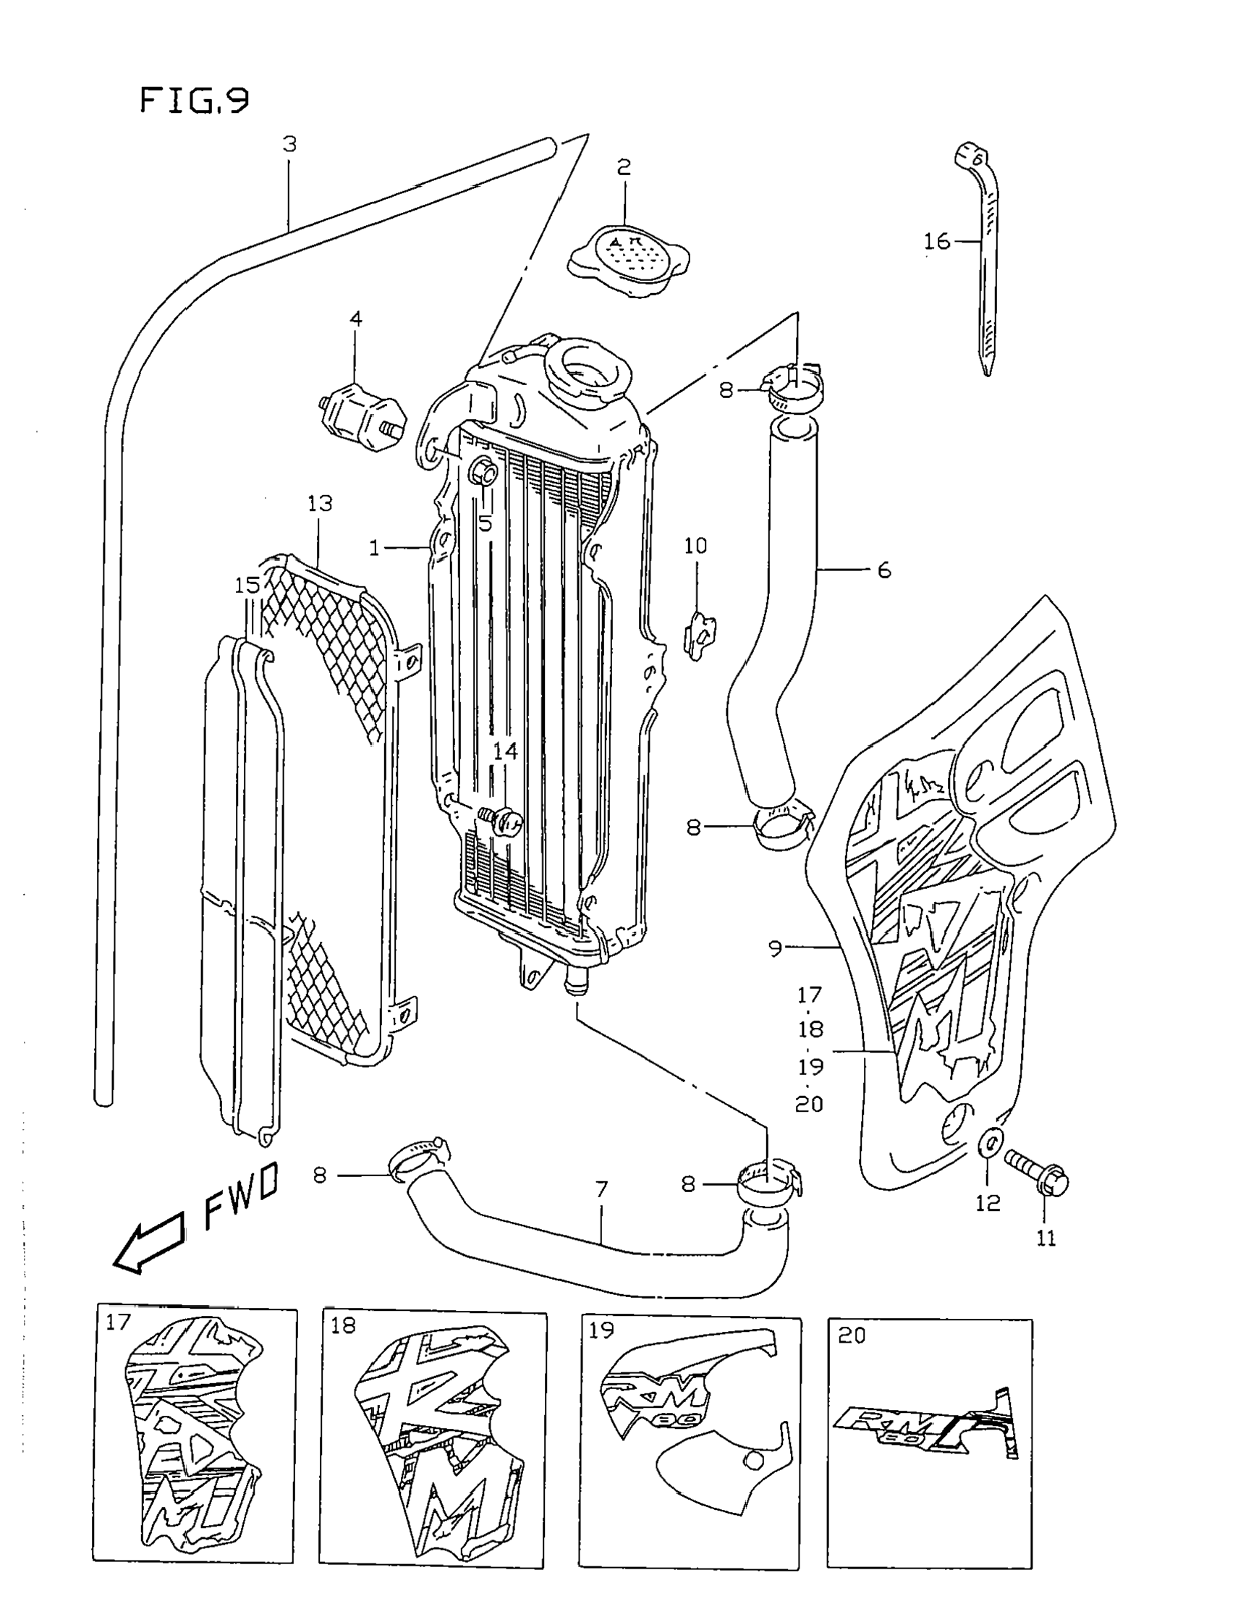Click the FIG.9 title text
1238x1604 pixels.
point(194,101)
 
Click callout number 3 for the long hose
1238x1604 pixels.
point(290,145)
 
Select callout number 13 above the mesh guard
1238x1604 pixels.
point(320,504)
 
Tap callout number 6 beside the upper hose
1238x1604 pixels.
point(883,570)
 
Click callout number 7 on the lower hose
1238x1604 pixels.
point(601,1189)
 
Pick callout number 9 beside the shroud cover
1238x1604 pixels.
point(776,949)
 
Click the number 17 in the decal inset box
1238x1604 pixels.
point(117,1322)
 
